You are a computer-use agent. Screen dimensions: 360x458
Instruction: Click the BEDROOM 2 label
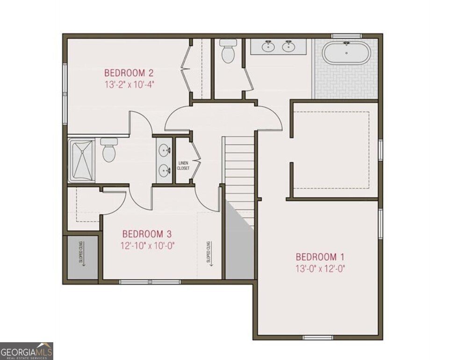129,73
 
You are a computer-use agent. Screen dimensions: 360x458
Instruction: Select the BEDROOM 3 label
147,234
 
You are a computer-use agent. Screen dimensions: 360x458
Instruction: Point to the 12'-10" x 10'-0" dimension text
147,245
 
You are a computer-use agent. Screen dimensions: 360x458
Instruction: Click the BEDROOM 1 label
320,257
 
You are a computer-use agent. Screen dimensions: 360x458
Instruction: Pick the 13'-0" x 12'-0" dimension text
320,269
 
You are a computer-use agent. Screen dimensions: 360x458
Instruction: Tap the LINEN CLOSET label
184,166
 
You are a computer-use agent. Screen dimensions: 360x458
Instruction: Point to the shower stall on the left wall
81,160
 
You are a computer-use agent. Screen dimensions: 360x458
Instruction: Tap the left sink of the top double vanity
268,46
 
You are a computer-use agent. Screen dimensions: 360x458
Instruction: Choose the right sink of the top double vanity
288,46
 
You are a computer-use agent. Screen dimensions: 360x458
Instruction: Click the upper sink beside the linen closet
164,151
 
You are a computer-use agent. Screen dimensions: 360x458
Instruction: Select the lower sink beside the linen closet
164,170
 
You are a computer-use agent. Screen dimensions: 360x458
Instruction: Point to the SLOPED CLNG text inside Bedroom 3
208,252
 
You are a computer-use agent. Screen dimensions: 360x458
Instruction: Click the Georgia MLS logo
27,351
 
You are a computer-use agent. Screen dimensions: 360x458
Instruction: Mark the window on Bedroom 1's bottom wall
318,337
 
